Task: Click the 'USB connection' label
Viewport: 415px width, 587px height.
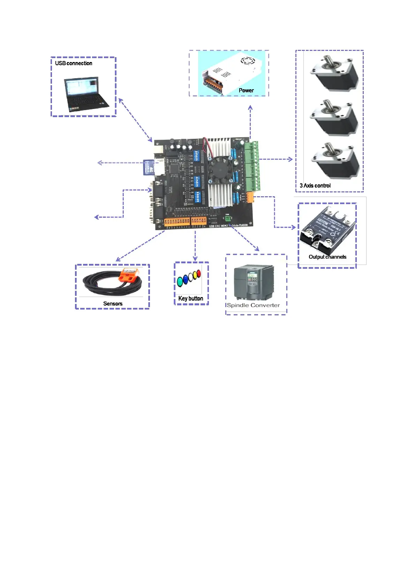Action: coord(74,63)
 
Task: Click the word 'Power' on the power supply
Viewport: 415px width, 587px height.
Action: coord(246,90)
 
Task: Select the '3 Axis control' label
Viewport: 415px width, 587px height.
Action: coord(315,185)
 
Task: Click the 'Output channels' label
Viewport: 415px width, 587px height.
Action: coord(327,257)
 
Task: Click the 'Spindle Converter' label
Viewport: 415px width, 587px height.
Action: coord(254,305)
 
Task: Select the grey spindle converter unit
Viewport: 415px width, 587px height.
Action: coord(254,282)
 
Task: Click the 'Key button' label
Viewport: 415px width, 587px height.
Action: coord(191,298)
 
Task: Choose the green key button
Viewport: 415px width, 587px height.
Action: coord(180,281)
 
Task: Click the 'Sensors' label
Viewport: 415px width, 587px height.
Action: coord(113,304)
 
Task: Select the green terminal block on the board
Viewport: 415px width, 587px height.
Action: coord(252,166)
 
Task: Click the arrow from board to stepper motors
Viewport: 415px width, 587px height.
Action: coord(276,159)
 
